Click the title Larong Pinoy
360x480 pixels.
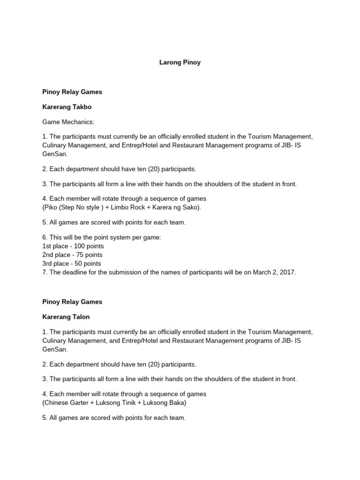pos(180,62)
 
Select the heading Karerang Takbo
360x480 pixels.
pos(67,107)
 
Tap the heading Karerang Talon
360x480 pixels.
pos(66,317)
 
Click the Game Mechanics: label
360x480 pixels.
pos(68,122)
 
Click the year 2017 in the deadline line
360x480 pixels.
pos(287,272)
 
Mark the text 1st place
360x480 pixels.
pos(54,246)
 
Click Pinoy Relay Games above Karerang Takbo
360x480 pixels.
pos(72,92)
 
